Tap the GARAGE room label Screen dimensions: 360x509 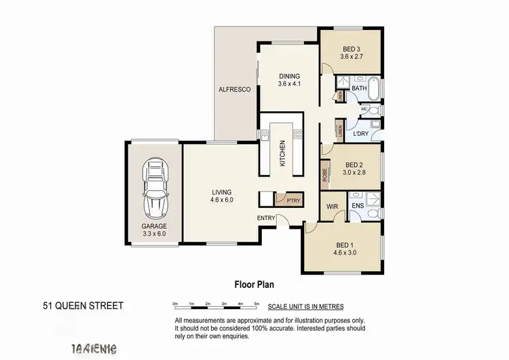coord(154,226)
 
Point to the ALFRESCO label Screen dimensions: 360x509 coord(235,90)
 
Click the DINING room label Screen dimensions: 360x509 coord(289,76)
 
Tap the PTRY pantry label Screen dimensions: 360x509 coord(293,200)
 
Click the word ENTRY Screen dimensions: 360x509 coord(266,217)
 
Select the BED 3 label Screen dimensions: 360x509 coord(351,49)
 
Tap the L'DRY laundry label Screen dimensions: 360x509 coord(361,134)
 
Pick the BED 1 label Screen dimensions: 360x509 coord(344,245)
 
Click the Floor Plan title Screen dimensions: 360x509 coord(254,285)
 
